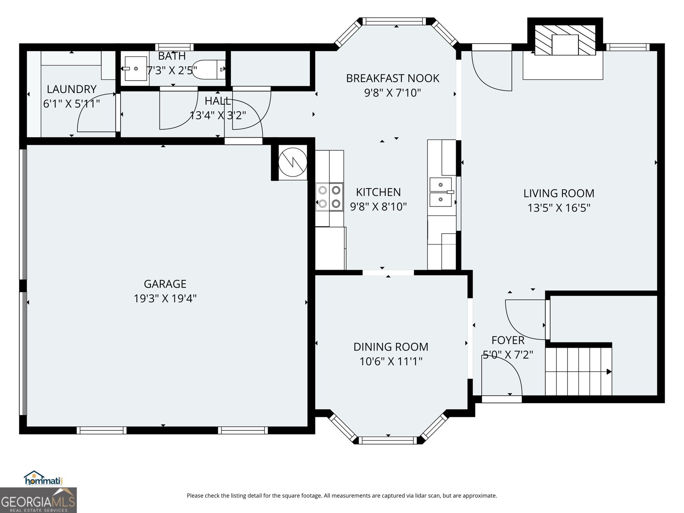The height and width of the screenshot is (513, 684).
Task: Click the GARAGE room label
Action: coord(165,284)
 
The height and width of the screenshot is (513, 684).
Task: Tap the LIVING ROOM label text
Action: coord(559,193)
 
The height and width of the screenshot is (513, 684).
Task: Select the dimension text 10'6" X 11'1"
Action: coord(391,361)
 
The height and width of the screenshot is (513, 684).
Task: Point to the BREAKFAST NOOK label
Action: coord(392,78)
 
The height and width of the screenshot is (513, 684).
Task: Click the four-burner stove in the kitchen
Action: coord(329,197)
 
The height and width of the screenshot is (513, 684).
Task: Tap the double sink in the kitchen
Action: coord(441,192)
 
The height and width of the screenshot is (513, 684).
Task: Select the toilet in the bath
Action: coord(209,69)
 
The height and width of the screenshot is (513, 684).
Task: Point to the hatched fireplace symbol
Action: coord(565,40)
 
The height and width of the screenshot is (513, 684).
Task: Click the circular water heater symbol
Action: coord(292,162)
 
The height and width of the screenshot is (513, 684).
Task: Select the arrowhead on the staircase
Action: coord(609,371)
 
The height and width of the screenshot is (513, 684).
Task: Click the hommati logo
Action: coord(44,478)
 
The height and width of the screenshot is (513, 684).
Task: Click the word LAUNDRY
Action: coord(71,89)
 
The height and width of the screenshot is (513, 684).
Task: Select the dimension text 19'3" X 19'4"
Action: coord(165,298)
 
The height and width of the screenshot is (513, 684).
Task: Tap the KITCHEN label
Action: coord(378,192)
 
